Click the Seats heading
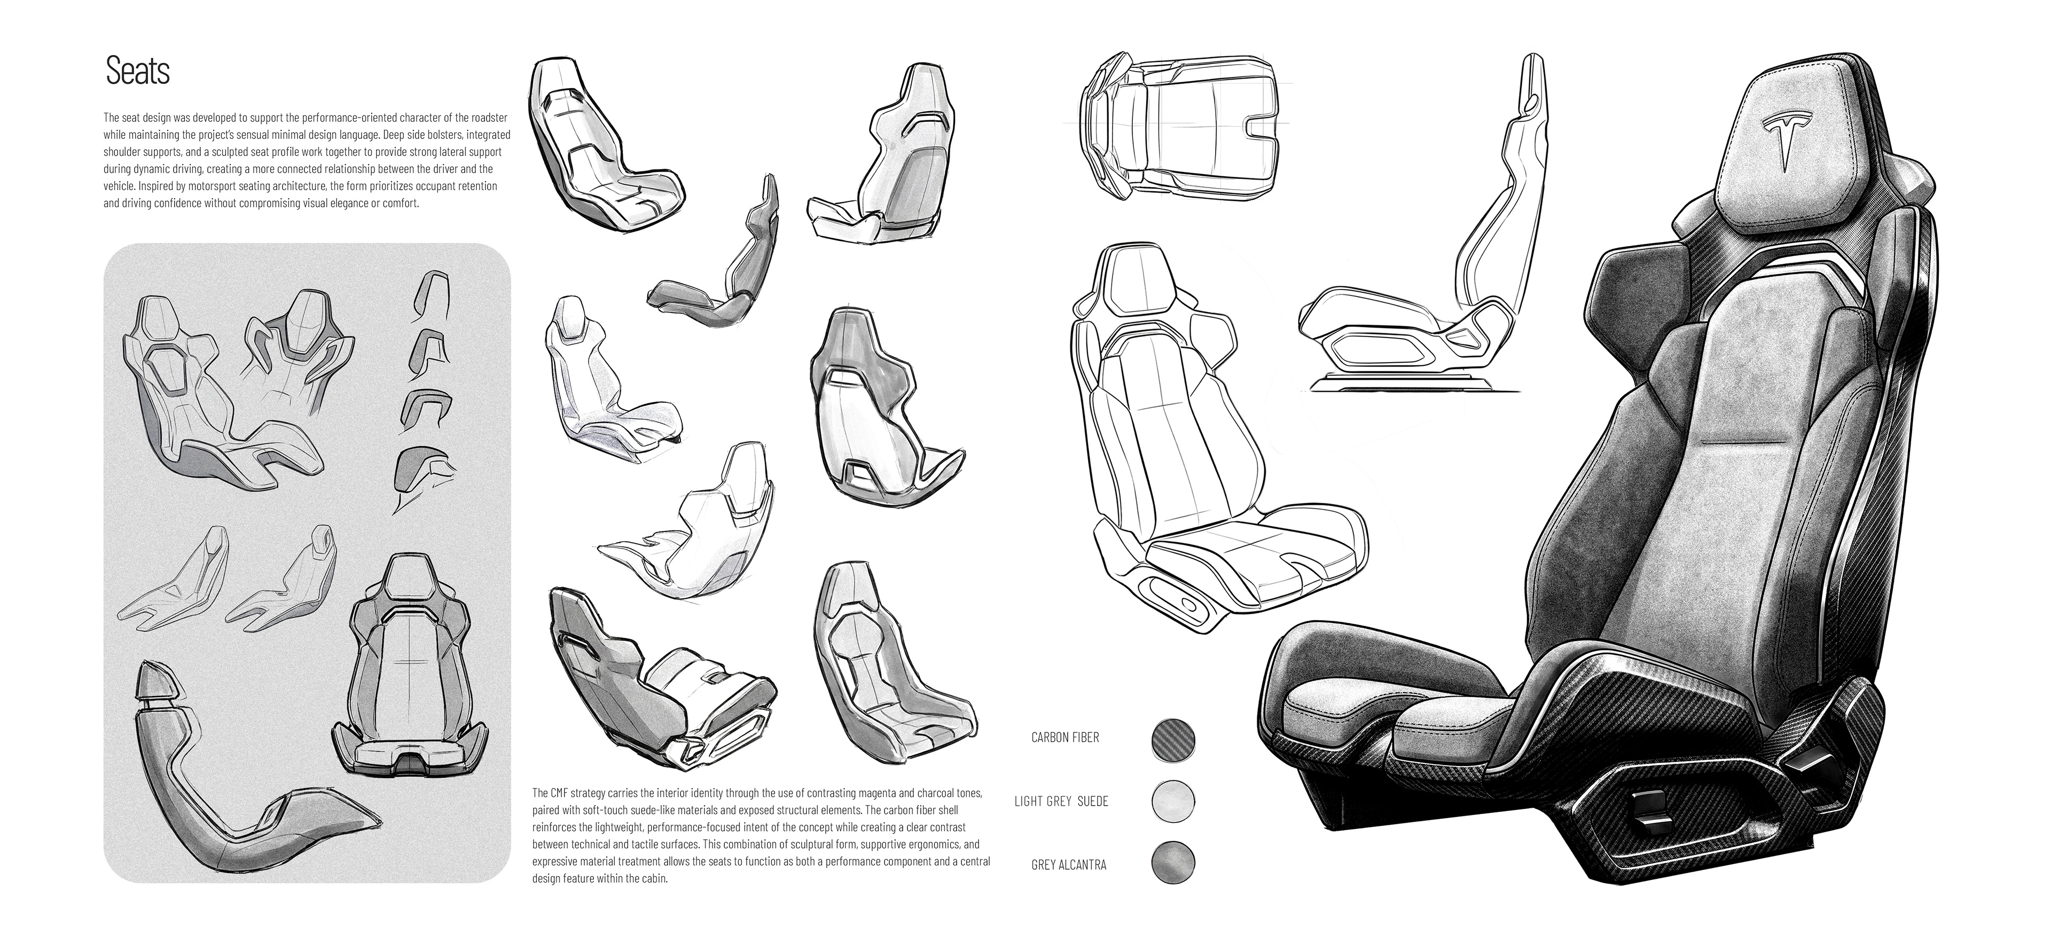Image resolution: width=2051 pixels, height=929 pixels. click(138, 72)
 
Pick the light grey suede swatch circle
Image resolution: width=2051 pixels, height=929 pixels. click(1173, 801)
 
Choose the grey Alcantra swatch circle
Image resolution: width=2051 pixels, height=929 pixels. click(1173, 864)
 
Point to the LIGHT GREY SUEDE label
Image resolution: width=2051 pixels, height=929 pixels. click(1061, 801)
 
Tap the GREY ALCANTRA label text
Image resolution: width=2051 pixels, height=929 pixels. click(1068, 864)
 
